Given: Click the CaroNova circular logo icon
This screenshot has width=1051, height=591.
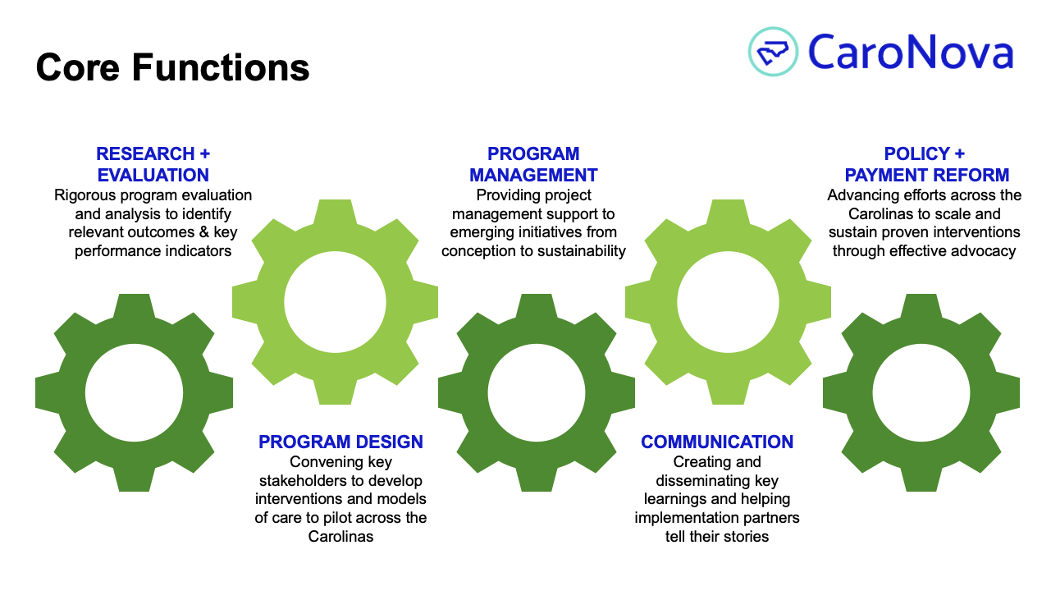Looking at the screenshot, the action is pyautogui.click(x=773, y=52).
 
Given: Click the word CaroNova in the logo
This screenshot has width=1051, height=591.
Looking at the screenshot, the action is pyautogui.click(x=910, y=52).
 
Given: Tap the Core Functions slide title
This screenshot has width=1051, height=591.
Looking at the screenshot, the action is pyautogui.click(x=172, y=67).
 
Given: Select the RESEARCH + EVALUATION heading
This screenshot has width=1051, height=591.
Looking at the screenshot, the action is pyautogui.click(x=153, y=164).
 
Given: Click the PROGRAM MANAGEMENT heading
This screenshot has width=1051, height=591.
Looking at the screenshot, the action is pyautogui.click(x=533, y=164).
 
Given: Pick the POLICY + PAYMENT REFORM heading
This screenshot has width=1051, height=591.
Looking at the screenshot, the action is pyautogui.click(x=926, y=164).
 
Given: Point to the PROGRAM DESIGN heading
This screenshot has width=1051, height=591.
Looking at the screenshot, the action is pyautogui.click(x=340, y=442).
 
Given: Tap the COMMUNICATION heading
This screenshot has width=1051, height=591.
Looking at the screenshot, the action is pyautogui.click(x=717, y=442).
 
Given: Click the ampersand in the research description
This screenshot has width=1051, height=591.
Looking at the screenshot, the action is pyautogui.click(x=204, y=232).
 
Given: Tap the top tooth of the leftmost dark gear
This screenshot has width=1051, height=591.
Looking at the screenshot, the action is pyautogui.click(x=135, y=307).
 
